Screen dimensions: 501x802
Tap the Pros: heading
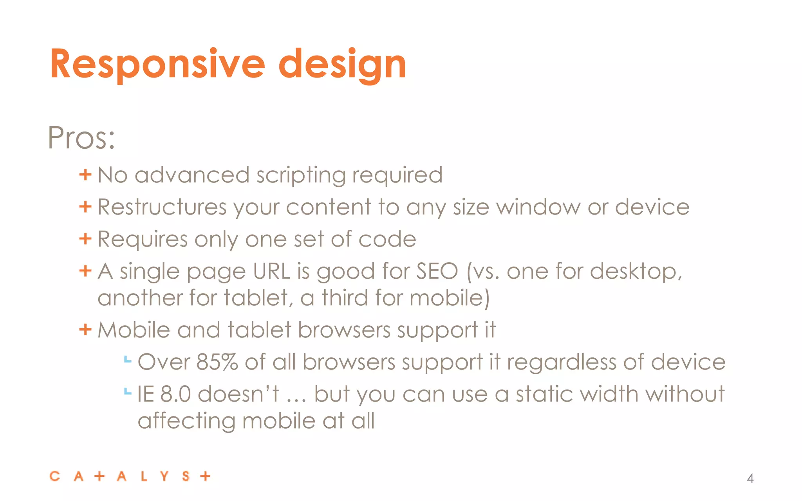(x=81, y=138)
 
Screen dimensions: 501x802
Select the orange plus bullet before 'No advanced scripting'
(x=85, y=174)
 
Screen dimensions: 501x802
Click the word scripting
(x=300, y=175)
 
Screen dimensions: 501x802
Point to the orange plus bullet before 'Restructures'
(x=85, y=206)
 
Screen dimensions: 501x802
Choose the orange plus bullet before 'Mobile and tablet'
(x=85, y=330)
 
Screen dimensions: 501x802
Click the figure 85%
(x=217, y=362)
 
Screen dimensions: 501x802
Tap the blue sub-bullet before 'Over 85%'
(x=127, y=359)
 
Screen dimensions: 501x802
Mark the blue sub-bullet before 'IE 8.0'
(x=127, y=391)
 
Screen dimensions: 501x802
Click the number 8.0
(x=175, y=394)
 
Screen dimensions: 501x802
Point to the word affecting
(x=186, y=421)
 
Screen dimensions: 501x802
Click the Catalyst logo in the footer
(x=130, y=476)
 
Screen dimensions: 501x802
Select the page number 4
(x=750, y=478)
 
